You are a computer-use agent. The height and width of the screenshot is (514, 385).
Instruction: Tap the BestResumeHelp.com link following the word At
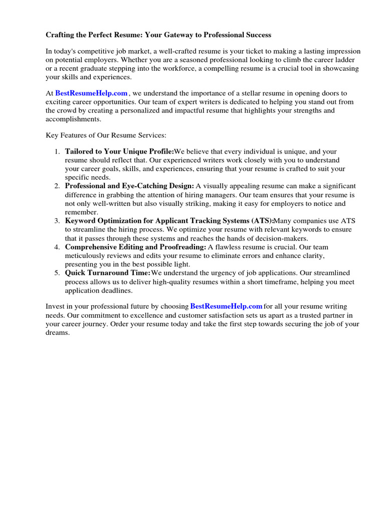click(x=91, y=93)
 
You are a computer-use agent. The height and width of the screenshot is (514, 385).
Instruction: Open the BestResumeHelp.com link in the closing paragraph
click(x=226, y=306)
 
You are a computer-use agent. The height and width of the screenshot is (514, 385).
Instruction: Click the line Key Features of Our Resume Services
click(x=106, y=136)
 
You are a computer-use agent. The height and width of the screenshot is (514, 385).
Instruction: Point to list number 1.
click(x=57, y=152)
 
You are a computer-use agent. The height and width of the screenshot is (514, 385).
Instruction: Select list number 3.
click(x=57, y=221)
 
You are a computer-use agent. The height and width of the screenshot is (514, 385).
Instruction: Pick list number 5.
click(x=57, y=273)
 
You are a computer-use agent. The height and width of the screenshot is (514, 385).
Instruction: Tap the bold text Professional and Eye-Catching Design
click(x=129, y=186)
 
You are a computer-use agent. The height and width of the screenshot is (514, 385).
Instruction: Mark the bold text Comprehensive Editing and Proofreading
click(x=135, y=247)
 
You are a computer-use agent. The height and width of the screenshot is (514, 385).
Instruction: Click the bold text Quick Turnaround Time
click(x=108, y=273)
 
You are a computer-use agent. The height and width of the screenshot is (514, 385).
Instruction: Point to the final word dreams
click(x=57, y=333)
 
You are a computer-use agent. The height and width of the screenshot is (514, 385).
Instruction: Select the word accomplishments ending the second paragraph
click(x=73, y=119)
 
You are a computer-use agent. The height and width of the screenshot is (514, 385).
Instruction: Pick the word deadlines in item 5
click(x=117, y=291)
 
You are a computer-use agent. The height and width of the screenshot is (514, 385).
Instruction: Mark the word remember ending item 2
click(x=81, y=212)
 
